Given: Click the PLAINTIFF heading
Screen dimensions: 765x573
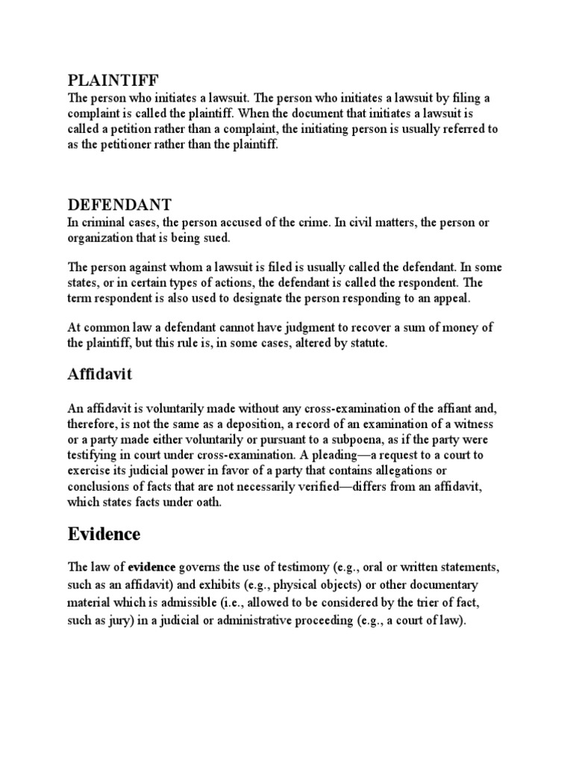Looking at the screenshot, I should (x=113, y=80).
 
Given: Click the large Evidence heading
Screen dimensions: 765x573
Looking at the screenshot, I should (x=104, y=534).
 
